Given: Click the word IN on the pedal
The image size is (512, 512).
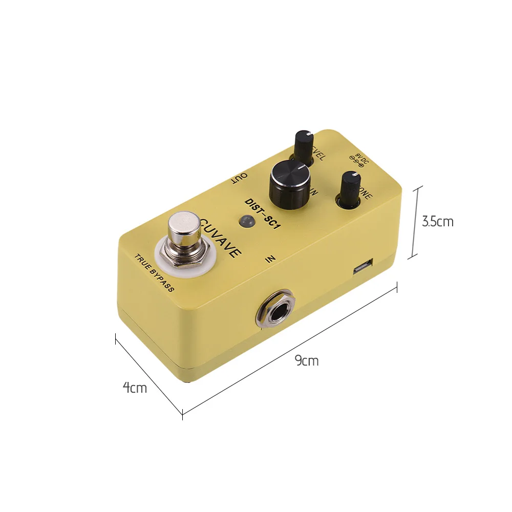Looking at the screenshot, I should (x=271, y=260).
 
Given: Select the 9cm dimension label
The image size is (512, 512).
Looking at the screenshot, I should (x=307, y=361).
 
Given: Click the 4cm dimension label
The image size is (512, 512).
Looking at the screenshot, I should (x=135, y=388).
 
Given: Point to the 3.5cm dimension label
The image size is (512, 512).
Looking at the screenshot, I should (x=437, y=221).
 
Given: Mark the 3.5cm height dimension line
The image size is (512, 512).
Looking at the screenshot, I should (x=416, y=222).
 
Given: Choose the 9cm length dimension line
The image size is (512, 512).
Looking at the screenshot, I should (x=290, y=350).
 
